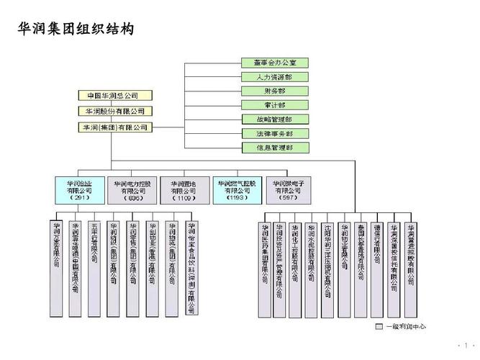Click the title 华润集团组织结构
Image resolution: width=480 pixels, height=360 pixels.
click(76, 30)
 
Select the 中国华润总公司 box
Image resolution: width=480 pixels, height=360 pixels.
click(114, 96)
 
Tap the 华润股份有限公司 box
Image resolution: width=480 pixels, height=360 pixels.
click(114, 112)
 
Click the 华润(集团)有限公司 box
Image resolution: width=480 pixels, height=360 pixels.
click(114, 127)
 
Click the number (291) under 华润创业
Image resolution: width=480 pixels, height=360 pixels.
click(77, 198)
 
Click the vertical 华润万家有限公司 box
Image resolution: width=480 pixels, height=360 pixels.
click(56, 248)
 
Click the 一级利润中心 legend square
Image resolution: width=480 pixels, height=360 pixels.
click(379, 326)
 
